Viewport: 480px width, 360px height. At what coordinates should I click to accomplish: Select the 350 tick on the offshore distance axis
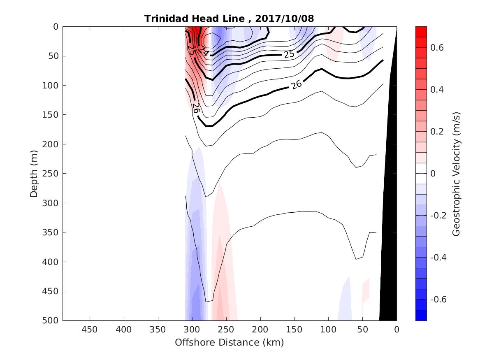[158, 330]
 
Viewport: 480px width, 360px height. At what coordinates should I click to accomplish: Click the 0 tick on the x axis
[397, 330]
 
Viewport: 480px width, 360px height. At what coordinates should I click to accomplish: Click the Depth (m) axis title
[34, 173]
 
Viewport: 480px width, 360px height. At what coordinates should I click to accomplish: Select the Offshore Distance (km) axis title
[230, 342]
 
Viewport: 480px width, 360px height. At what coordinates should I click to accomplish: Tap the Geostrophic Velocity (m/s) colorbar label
[456, 173]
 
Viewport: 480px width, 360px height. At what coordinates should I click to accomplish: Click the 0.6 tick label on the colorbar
[437, 48]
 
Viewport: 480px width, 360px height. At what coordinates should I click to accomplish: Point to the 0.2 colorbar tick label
[437, 132]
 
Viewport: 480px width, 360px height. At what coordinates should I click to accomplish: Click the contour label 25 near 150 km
[289, 54]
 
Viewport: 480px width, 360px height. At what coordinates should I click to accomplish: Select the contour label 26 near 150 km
[296, 85]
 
